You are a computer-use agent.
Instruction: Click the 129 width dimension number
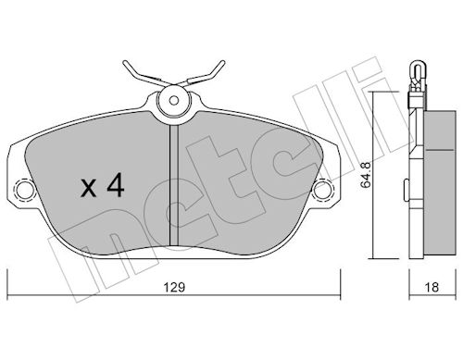pos(174,288)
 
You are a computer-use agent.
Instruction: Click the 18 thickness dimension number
pos(432,288)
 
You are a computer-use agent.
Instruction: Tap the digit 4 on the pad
pos(116,184)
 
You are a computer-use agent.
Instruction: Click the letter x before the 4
pos(89,189)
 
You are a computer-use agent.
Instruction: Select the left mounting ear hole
pos(24,189)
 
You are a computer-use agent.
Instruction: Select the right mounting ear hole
pos(322,189)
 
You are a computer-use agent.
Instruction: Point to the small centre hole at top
pos(174,101)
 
